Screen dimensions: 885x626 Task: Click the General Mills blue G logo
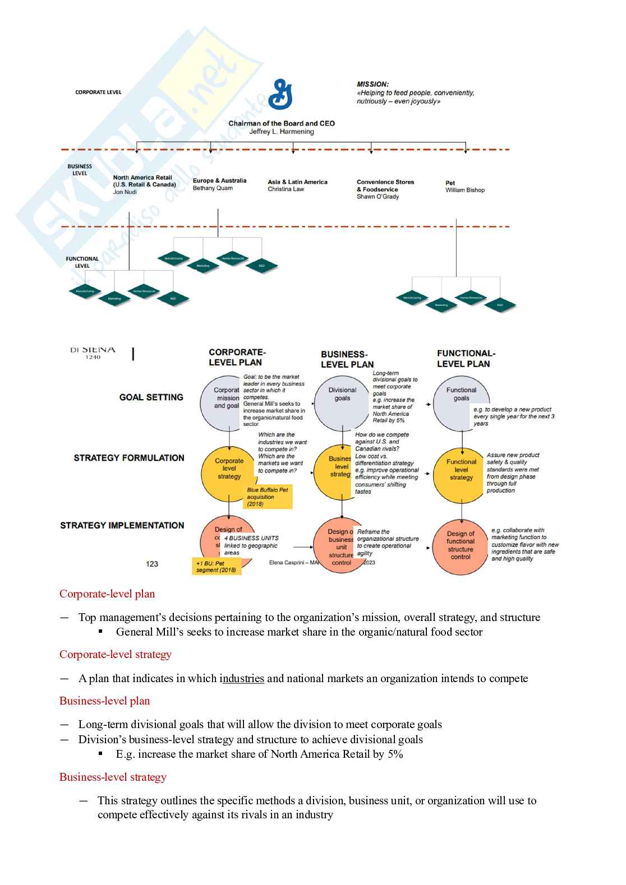(280, 94)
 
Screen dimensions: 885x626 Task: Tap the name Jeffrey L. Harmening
(282, 132)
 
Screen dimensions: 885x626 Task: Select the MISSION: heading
(372, 84)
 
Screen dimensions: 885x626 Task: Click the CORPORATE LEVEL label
(98, 92)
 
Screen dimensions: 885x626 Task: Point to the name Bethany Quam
(213, 188)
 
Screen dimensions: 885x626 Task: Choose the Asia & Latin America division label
(297, 182)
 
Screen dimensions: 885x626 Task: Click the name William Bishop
(465, 190)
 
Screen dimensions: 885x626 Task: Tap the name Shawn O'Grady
(378, 197)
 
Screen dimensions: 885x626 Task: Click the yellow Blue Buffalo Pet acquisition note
(268, 497)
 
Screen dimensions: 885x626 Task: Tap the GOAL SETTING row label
(151, 397)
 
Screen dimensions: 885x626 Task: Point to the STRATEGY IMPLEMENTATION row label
(122, 526)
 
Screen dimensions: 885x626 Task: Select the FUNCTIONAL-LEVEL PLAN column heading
(466, 359)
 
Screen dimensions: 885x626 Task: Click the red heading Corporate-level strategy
(116, 655)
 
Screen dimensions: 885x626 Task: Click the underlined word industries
(242, 679)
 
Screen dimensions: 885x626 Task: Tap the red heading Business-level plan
(105, 701)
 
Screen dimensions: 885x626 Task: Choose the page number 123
(152, 564)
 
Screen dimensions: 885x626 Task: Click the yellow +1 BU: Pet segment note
(217, 567)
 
